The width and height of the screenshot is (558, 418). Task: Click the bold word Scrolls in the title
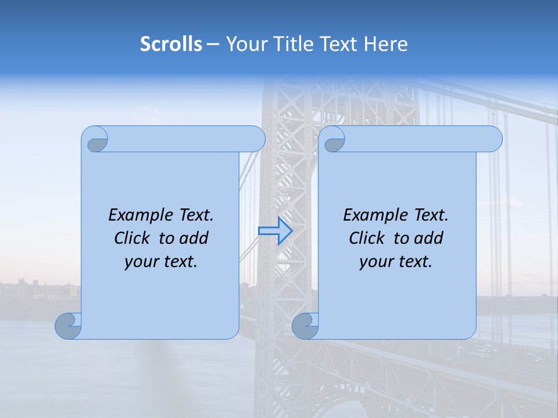coord(171,44)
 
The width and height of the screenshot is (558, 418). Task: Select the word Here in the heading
coord(387,44)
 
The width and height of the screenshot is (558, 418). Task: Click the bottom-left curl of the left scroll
coord(69,326)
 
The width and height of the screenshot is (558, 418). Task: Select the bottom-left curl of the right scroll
coord(305,326)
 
